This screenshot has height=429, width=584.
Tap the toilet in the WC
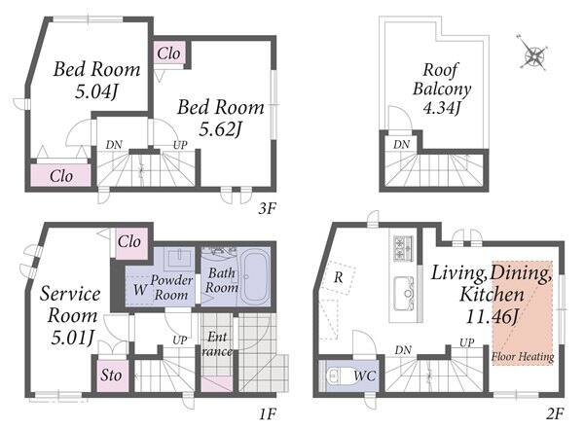[x=337, y=375]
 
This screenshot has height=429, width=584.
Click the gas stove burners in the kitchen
[x=403, y=248]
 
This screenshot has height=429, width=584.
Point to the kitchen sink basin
[x=404, y=293]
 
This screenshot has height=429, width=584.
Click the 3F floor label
[x=267, y=209]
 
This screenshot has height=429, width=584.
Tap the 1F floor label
[x=267, y=413]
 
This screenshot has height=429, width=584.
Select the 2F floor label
[x=555, y=413]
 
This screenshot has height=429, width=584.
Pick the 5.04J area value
[x=96, y=91]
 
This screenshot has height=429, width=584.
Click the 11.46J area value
[x=493, y=317]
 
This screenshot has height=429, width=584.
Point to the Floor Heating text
[x=523, y=357]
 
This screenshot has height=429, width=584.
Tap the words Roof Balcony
[x=442, y=80]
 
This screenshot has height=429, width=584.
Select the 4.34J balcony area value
[x=442, y=108]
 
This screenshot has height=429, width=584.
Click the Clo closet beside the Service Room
[x=131, y=243]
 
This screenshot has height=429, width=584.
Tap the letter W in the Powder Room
[x=140, y=289]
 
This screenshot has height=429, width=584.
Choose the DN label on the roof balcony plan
[x=401, y=145]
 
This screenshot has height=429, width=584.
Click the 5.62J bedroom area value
[x=221, y=130]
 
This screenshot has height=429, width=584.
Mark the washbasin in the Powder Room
[x=180, y=258]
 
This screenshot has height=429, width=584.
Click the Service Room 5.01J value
[x=71, y=338]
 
